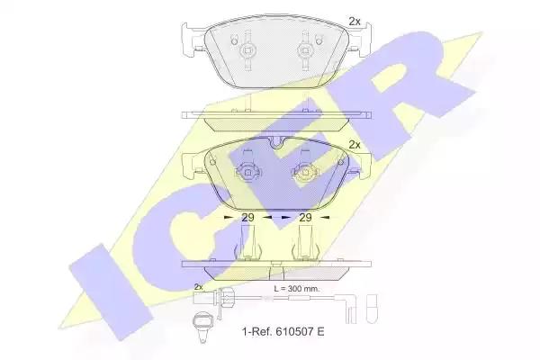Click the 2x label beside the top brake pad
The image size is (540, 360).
coord(355,22)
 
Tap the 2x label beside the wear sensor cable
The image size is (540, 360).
coord(198,286)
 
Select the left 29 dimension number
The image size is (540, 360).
coord(247,218)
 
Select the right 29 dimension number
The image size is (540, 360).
coord(305,218)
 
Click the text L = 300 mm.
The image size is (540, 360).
coord(296,289)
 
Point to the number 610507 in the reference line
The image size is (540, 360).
coord(294,332)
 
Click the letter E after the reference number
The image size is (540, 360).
coord(320,332)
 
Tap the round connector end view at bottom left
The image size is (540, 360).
coord(202,323)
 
